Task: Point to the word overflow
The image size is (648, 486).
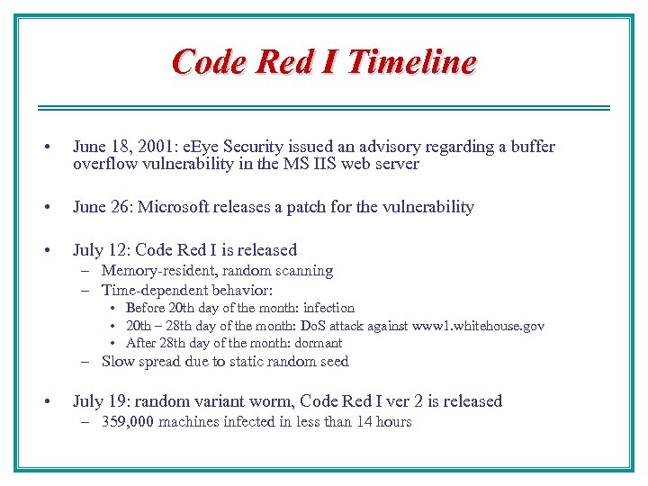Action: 103,164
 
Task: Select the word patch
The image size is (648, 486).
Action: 308,207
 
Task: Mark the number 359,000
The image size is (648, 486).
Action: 128,422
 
